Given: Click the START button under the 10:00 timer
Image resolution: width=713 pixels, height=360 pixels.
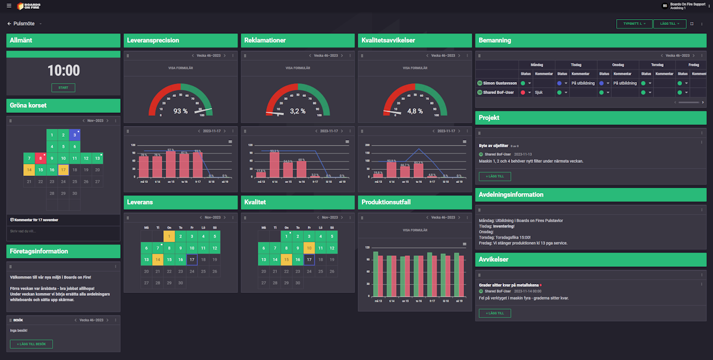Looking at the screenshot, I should [x=63, y=88].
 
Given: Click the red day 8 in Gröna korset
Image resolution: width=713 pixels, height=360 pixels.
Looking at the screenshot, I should [x=40, y=158].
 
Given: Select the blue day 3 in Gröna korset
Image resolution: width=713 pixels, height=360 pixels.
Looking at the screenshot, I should [x=74, y=134].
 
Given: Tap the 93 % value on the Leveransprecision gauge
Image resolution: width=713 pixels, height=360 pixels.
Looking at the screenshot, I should [x=180, y=111].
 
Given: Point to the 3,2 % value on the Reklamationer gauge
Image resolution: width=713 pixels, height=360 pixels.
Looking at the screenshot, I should [x=298, y=111].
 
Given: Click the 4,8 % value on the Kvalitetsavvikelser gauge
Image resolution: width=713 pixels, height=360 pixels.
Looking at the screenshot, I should [x=415, y=111].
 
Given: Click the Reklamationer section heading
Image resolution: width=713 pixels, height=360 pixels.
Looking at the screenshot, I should [x=265, y=40].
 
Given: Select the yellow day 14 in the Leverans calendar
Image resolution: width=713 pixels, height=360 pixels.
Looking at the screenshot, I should [x=157, y=260].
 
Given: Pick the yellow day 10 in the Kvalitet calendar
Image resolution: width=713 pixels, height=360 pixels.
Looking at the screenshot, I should [x=309, y=248].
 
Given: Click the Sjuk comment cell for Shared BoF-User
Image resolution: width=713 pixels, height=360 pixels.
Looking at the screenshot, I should [x=539, y=92].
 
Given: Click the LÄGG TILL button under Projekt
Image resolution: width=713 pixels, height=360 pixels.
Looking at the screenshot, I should [x=494, y=176].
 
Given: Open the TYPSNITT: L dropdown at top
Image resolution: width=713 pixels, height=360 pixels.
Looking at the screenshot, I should [x=634, y=24].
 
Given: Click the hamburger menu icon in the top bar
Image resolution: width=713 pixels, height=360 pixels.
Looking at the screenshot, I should [x=9, y=6].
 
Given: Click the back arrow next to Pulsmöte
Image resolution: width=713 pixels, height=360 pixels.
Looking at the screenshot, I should [x=10, y=24].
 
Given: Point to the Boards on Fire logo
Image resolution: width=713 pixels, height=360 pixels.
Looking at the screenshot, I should [x=29, y=6].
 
